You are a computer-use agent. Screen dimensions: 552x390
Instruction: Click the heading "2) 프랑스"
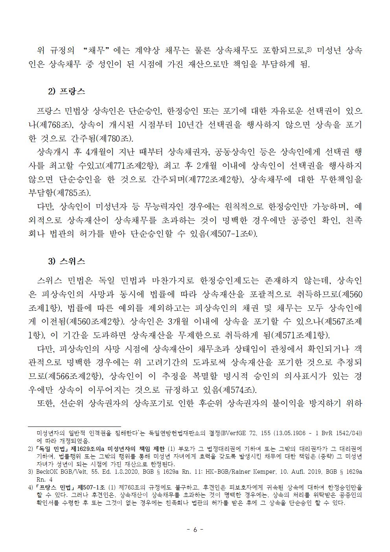coord(66,92)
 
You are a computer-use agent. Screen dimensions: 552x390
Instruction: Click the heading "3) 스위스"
coord(66,261)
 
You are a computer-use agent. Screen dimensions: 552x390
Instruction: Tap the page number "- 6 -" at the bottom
coord(195,530)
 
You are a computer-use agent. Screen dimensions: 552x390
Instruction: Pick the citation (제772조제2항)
coord(212,179)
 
